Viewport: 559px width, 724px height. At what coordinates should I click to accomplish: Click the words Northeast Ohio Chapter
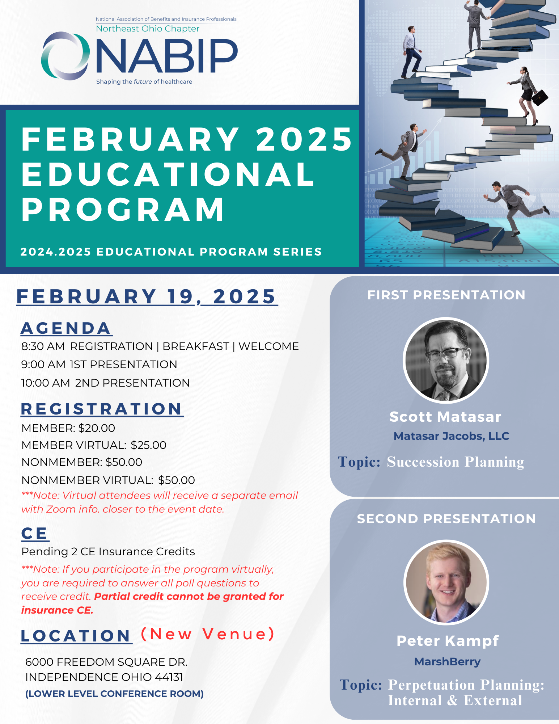click(x=148, y=29)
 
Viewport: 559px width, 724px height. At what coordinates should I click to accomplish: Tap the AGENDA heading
click(x=66, y=328)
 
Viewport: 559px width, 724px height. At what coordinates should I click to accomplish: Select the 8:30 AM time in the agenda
click(x=43, y=346)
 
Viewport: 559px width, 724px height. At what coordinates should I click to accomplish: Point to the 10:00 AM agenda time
click(x=46, y=383)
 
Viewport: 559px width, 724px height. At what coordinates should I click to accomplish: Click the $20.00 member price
click(x=97, y=428)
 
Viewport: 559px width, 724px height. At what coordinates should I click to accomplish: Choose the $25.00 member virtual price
click(x=149, y=445)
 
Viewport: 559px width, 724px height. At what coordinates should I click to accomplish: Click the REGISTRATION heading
click(x=102, y=409)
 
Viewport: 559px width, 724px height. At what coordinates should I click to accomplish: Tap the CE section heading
click(x=34, y=534)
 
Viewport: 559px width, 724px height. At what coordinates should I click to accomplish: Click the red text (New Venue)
click(x=208, y=634)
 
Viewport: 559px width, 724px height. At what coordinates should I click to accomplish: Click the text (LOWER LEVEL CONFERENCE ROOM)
click(x=114, y=694)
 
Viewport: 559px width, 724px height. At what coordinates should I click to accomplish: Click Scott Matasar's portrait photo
click(x=446, y=360)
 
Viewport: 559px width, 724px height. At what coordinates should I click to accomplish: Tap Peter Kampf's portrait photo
click(x=446, y=582)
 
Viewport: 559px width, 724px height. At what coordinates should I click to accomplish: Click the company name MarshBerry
click(x=447, y=662)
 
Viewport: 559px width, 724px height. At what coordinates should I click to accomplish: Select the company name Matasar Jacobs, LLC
click(x=451, y=436)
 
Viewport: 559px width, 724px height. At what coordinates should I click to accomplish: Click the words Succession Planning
click(x=456, y=462)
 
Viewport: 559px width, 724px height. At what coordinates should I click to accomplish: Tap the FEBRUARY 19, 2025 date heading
click(x=147, y=297)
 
